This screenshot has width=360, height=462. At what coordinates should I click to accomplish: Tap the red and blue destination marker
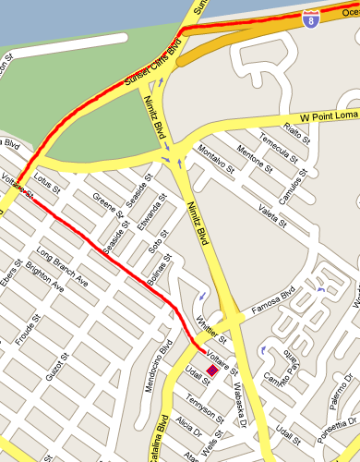click(x=212, y=371)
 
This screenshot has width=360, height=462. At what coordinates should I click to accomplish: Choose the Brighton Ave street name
click(x=43, y=276)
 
